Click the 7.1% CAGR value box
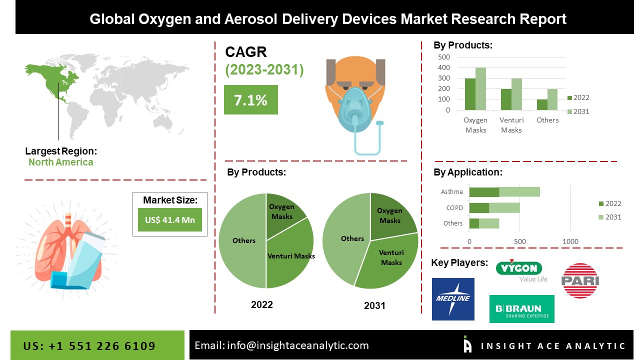click(x=250, y=100)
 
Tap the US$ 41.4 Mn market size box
click(x=169, y=219)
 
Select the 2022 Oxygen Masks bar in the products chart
click(x=470, y=94)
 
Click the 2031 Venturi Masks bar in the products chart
click(x=516, y=94)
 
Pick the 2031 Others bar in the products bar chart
click(x=552, y=99)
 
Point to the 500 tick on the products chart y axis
click(x=444, y=57)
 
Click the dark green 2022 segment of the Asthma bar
click(x=484, y=192)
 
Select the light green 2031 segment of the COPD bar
click(x=504, y=207)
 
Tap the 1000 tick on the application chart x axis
click(x=570, y=241)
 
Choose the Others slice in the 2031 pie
click(x=345, y=240)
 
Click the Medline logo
click(x=453, y=299)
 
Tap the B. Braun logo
click(x=521, y=308)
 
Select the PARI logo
click(x=580, y=280)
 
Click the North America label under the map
click(x=60, y=162)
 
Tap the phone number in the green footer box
click(x=89, y=346)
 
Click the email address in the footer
click(x=281, y=345)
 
